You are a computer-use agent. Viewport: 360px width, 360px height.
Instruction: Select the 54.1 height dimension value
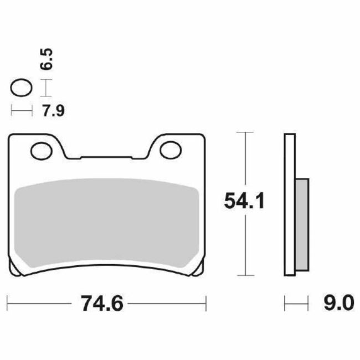[244, 199]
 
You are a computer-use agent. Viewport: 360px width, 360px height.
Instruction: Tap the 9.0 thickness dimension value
[336, 304]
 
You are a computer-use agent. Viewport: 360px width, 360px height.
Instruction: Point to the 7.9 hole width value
[54, 111]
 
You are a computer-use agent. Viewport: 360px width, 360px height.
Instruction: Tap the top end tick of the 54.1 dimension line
[244, 132]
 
